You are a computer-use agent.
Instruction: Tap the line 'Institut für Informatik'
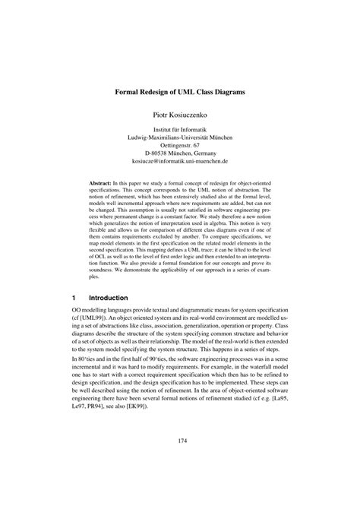point(180,130)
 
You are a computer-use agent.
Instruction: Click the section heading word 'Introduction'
point(107,299)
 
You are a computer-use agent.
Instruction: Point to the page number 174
point(180,460)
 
